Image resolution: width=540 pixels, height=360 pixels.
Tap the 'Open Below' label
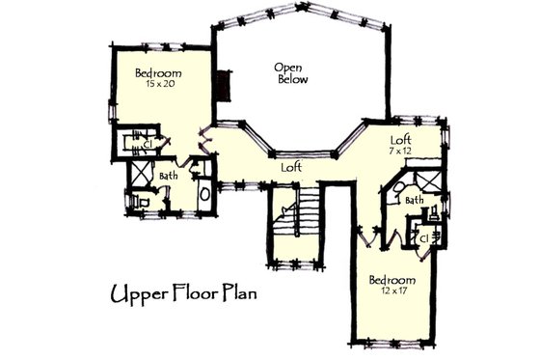290,73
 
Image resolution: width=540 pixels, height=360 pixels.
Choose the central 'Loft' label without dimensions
291,167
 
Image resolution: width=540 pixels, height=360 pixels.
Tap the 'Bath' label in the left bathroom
169,176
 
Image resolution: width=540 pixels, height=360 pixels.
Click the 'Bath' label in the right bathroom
415,200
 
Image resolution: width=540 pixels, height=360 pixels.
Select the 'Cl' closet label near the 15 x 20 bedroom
148,144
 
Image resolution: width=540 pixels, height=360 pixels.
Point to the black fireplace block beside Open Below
225,85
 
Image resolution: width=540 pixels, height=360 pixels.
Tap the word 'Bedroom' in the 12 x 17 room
391,280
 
